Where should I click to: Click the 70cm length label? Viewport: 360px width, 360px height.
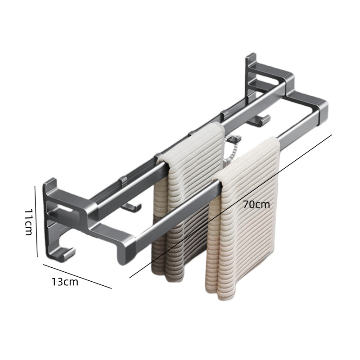pos(256,205)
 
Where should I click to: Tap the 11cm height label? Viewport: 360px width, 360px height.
pos(29,222)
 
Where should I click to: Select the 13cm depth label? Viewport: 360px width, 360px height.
pos(65,282)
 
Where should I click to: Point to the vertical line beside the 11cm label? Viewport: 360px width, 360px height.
pos(36,221)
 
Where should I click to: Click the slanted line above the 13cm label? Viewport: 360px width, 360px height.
pos(77,276)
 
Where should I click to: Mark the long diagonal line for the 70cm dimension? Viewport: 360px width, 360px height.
pos(230,206)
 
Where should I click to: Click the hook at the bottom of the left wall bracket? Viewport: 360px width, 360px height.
pos(65,254)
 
